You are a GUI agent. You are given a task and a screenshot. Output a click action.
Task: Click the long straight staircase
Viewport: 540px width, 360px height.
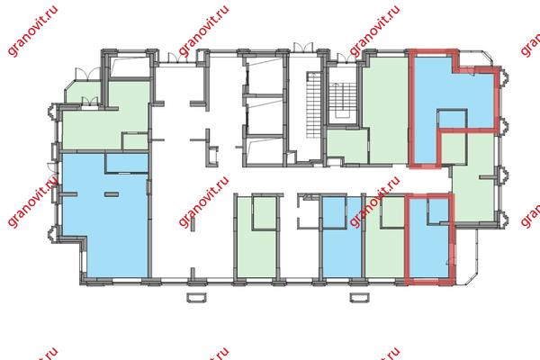coord(313,105)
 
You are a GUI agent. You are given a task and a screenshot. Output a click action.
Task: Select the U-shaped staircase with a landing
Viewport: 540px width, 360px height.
coord(342,103)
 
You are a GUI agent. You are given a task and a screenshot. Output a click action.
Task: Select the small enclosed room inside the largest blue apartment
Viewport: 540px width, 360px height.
coord(127,163)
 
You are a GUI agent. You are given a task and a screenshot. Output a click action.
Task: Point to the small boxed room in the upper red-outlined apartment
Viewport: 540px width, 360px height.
coord(452,118)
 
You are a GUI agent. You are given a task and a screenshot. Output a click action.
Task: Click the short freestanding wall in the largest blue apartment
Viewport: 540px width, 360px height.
coord(112,194)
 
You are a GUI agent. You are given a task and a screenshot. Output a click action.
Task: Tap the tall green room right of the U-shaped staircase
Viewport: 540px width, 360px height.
coord(385,110)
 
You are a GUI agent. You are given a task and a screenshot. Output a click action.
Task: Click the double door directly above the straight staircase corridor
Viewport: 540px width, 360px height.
coord(303,48)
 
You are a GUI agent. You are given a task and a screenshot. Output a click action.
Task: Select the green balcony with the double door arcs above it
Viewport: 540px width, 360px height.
coord(84,92)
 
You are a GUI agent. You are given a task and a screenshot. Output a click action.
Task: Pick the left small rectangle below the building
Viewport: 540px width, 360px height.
coord(196,297)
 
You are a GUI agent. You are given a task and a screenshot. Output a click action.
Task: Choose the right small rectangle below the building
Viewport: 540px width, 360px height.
coord(359,297)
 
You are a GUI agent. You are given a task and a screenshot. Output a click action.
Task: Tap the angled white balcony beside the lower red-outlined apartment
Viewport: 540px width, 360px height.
coord(467,255)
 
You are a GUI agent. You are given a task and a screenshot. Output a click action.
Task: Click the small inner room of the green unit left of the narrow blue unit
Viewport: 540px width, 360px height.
coord(265,213)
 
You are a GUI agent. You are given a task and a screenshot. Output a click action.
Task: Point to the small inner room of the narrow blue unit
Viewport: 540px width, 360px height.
coord(334,212)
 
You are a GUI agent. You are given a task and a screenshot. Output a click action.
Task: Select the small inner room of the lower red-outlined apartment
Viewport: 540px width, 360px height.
coord(438,211)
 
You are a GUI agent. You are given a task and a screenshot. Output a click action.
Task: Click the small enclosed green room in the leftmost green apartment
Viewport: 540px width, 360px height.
coord(135,141)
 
